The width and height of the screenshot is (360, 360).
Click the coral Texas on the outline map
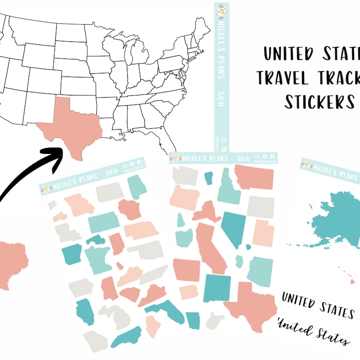point(74,121)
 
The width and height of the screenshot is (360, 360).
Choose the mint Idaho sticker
point(228,187)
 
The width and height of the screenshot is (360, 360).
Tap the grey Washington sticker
point(184,175)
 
